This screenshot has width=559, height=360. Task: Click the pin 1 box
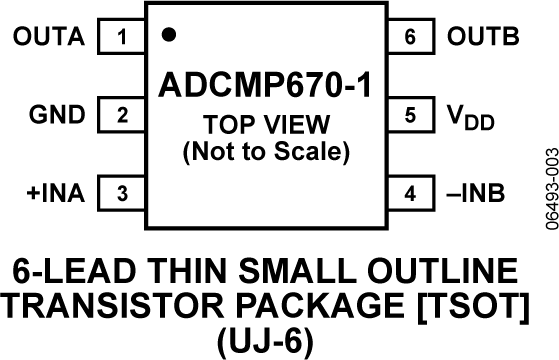point(122,39)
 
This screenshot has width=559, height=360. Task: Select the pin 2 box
point(122,115)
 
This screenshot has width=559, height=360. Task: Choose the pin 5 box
point(409,115)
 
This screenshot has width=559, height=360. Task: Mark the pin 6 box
point(409,39)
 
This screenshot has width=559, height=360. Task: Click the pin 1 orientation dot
point(169,34)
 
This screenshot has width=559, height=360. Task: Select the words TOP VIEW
point(265,128)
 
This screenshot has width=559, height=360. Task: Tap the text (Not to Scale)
point(265,153)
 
